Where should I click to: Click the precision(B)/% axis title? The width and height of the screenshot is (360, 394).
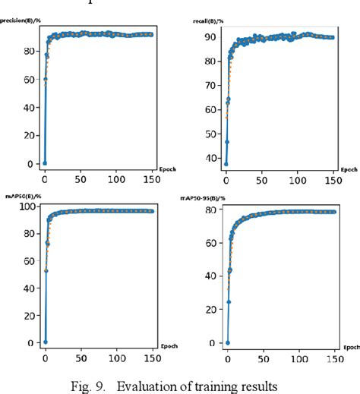20,22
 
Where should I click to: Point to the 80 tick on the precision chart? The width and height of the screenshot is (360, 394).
29,51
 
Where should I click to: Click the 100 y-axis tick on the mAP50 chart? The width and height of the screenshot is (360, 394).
27,207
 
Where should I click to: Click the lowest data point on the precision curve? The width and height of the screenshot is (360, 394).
44,162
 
